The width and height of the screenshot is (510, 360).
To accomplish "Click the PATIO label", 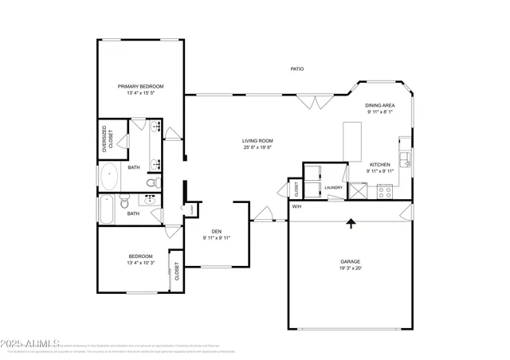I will tap(296, 69).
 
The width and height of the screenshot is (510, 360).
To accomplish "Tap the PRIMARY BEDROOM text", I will tap(140, 86).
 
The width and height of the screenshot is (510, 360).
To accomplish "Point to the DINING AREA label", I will tap(380, 106).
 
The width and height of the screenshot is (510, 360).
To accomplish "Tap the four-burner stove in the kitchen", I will tap(385, 191).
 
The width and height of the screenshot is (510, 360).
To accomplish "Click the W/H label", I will tap(296, 207).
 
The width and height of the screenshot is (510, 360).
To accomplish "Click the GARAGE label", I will tap(351, 261).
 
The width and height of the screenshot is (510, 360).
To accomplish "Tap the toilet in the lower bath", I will tap(125, 205).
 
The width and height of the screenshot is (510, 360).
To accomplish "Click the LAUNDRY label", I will tap(334, 188).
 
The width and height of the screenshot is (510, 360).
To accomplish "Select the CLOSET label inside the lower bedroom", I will tap(176, 272).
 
